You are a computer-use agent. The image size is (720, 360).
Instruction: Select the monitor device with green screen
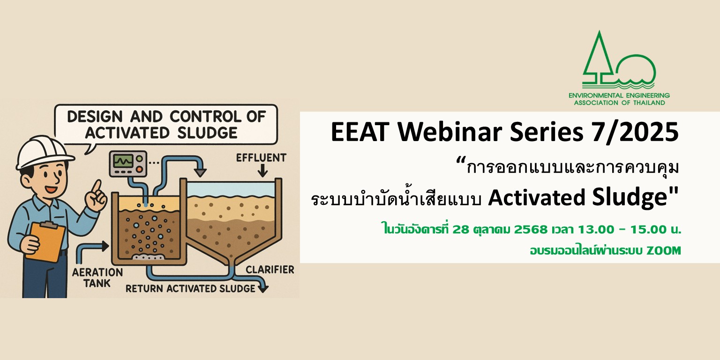[x=126, y=164]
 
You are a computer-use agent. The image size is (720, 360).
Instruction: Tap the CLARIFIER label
[x=270, y=270]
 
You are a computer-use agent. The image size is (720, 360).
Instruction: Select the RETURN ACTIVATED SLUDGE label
[x=190, y=288]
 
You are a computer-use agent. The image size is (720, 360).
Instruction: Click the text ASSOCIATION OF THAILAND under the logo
[x=619, y=103]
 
